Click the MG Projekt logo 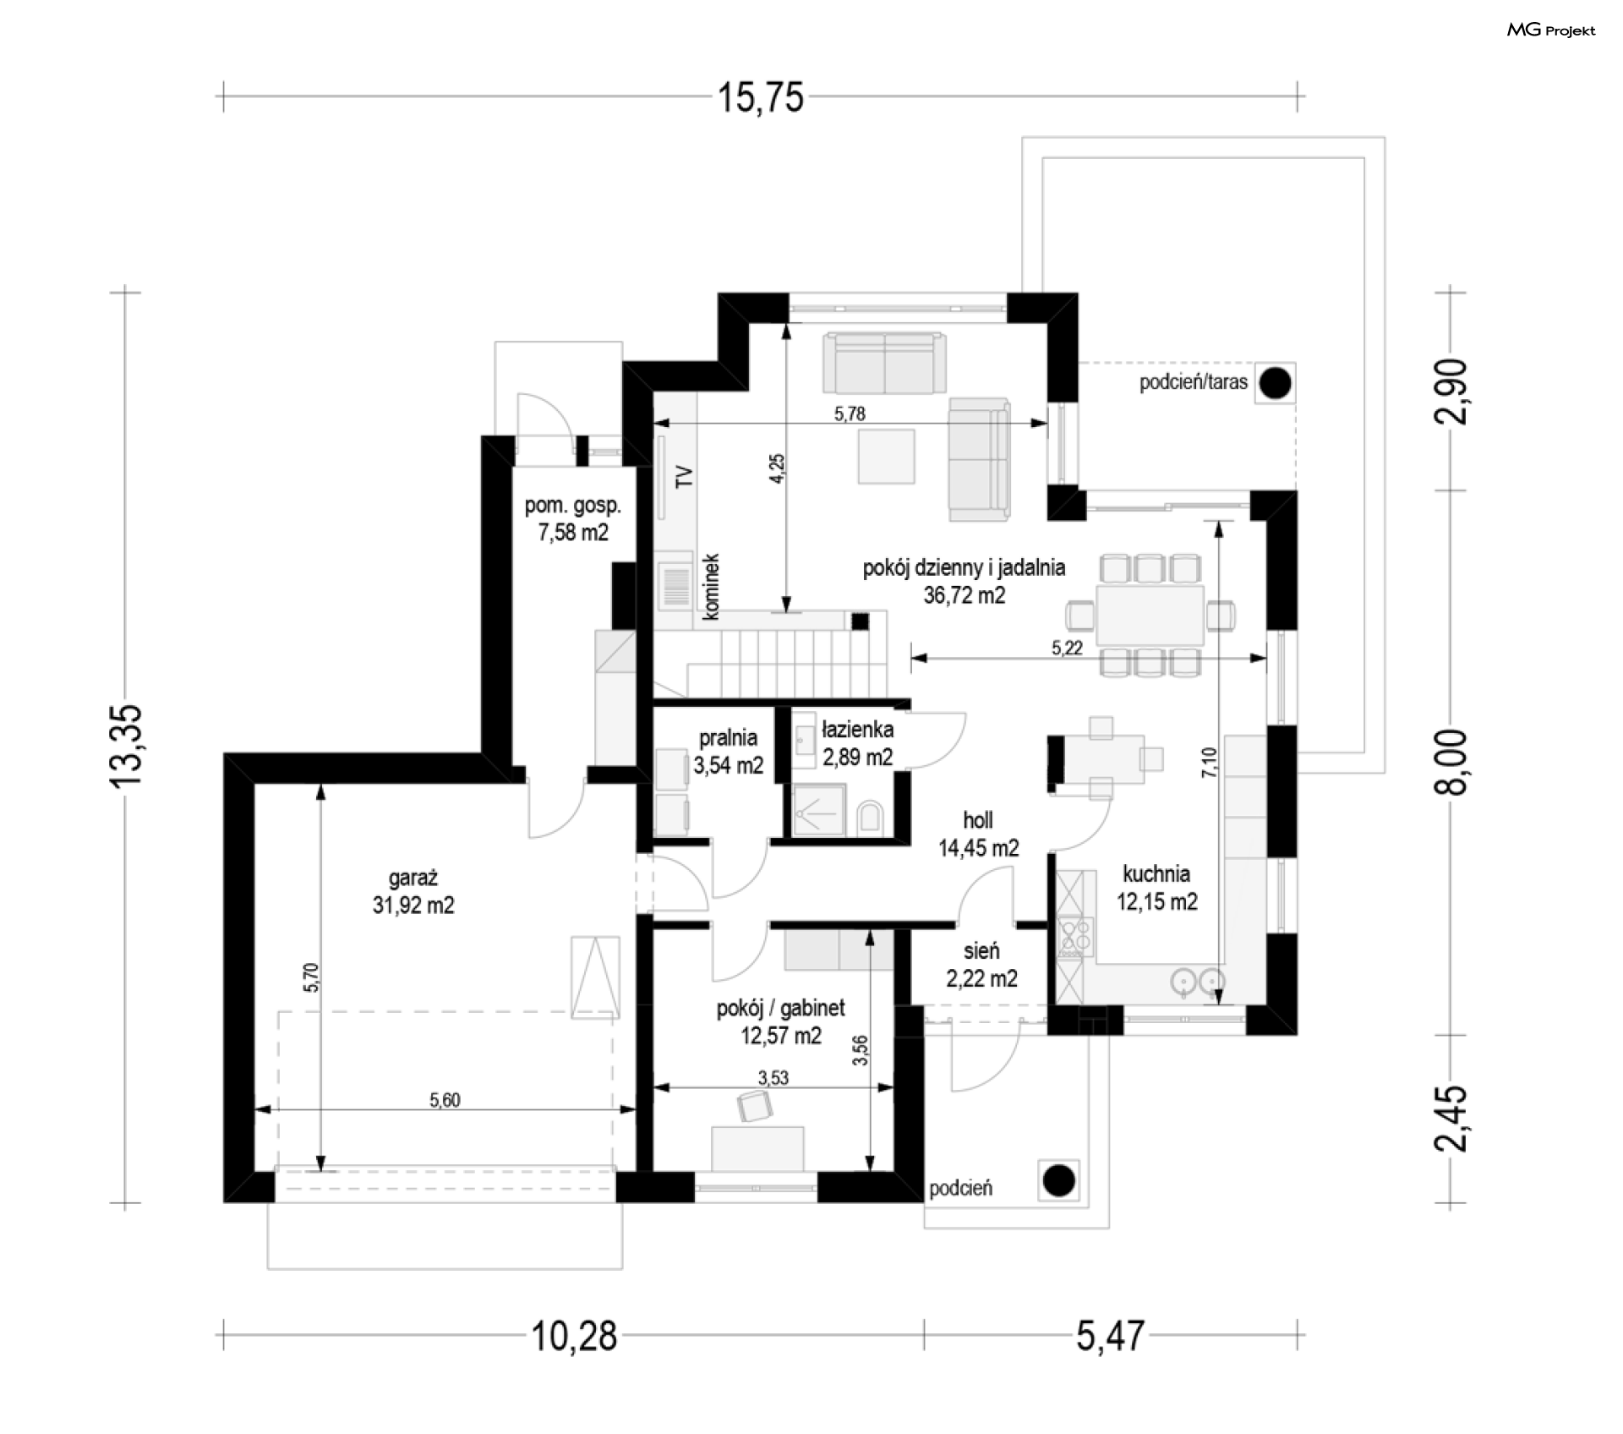click(1551, 30)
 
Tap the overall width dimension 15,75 click(761, 97)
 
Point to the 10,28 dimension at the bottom click(574, 1337)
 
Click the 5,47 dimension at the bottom click(1110, 1337)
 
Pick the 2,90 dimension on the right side click(1451, 391)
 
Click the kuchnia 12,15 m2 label click(1156, 888)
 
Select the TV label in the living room click(684, 476)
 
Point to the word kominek click(711, 587)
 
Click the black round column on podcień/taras click(1275, 383)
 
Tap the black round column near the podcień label click(1058, 1179)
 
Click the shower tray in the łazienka click(818, 810)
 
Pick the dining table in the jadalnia click(1150, 615)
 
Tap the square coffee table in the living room click(886, 456)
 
